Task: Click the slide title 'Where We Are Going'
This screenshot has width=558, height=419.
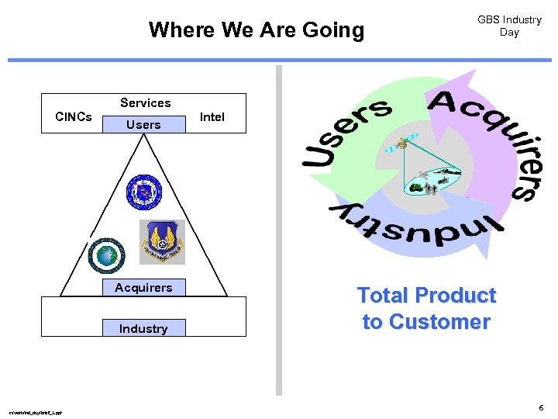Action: [256, 30]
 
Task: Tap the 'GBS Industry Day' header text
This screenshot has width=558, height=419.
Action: [509, 26]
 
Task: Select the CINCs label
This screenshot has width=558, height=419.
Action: [74, 117]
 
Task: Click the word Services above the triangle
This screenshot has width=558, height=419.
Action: [145, 102]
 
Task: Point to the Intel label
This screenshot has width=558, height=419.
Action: [212, 117]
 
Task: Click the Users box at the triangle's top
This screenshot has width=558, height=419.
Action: [143, 124]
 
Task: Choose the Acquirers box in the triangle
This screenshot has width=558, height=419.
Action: [143, 288]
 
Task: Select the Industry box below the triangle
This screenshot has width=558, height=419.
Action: [143, 328]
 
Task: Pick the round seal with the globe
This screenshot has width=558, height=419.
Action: [106, 255]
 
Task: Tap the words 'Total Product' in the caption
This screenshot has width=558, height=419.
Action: [426, 296]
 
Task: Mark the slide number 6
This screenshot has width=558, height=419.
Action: [541, 407]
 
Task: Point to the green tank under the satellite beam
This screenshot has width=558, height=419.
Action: [416, 187]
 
